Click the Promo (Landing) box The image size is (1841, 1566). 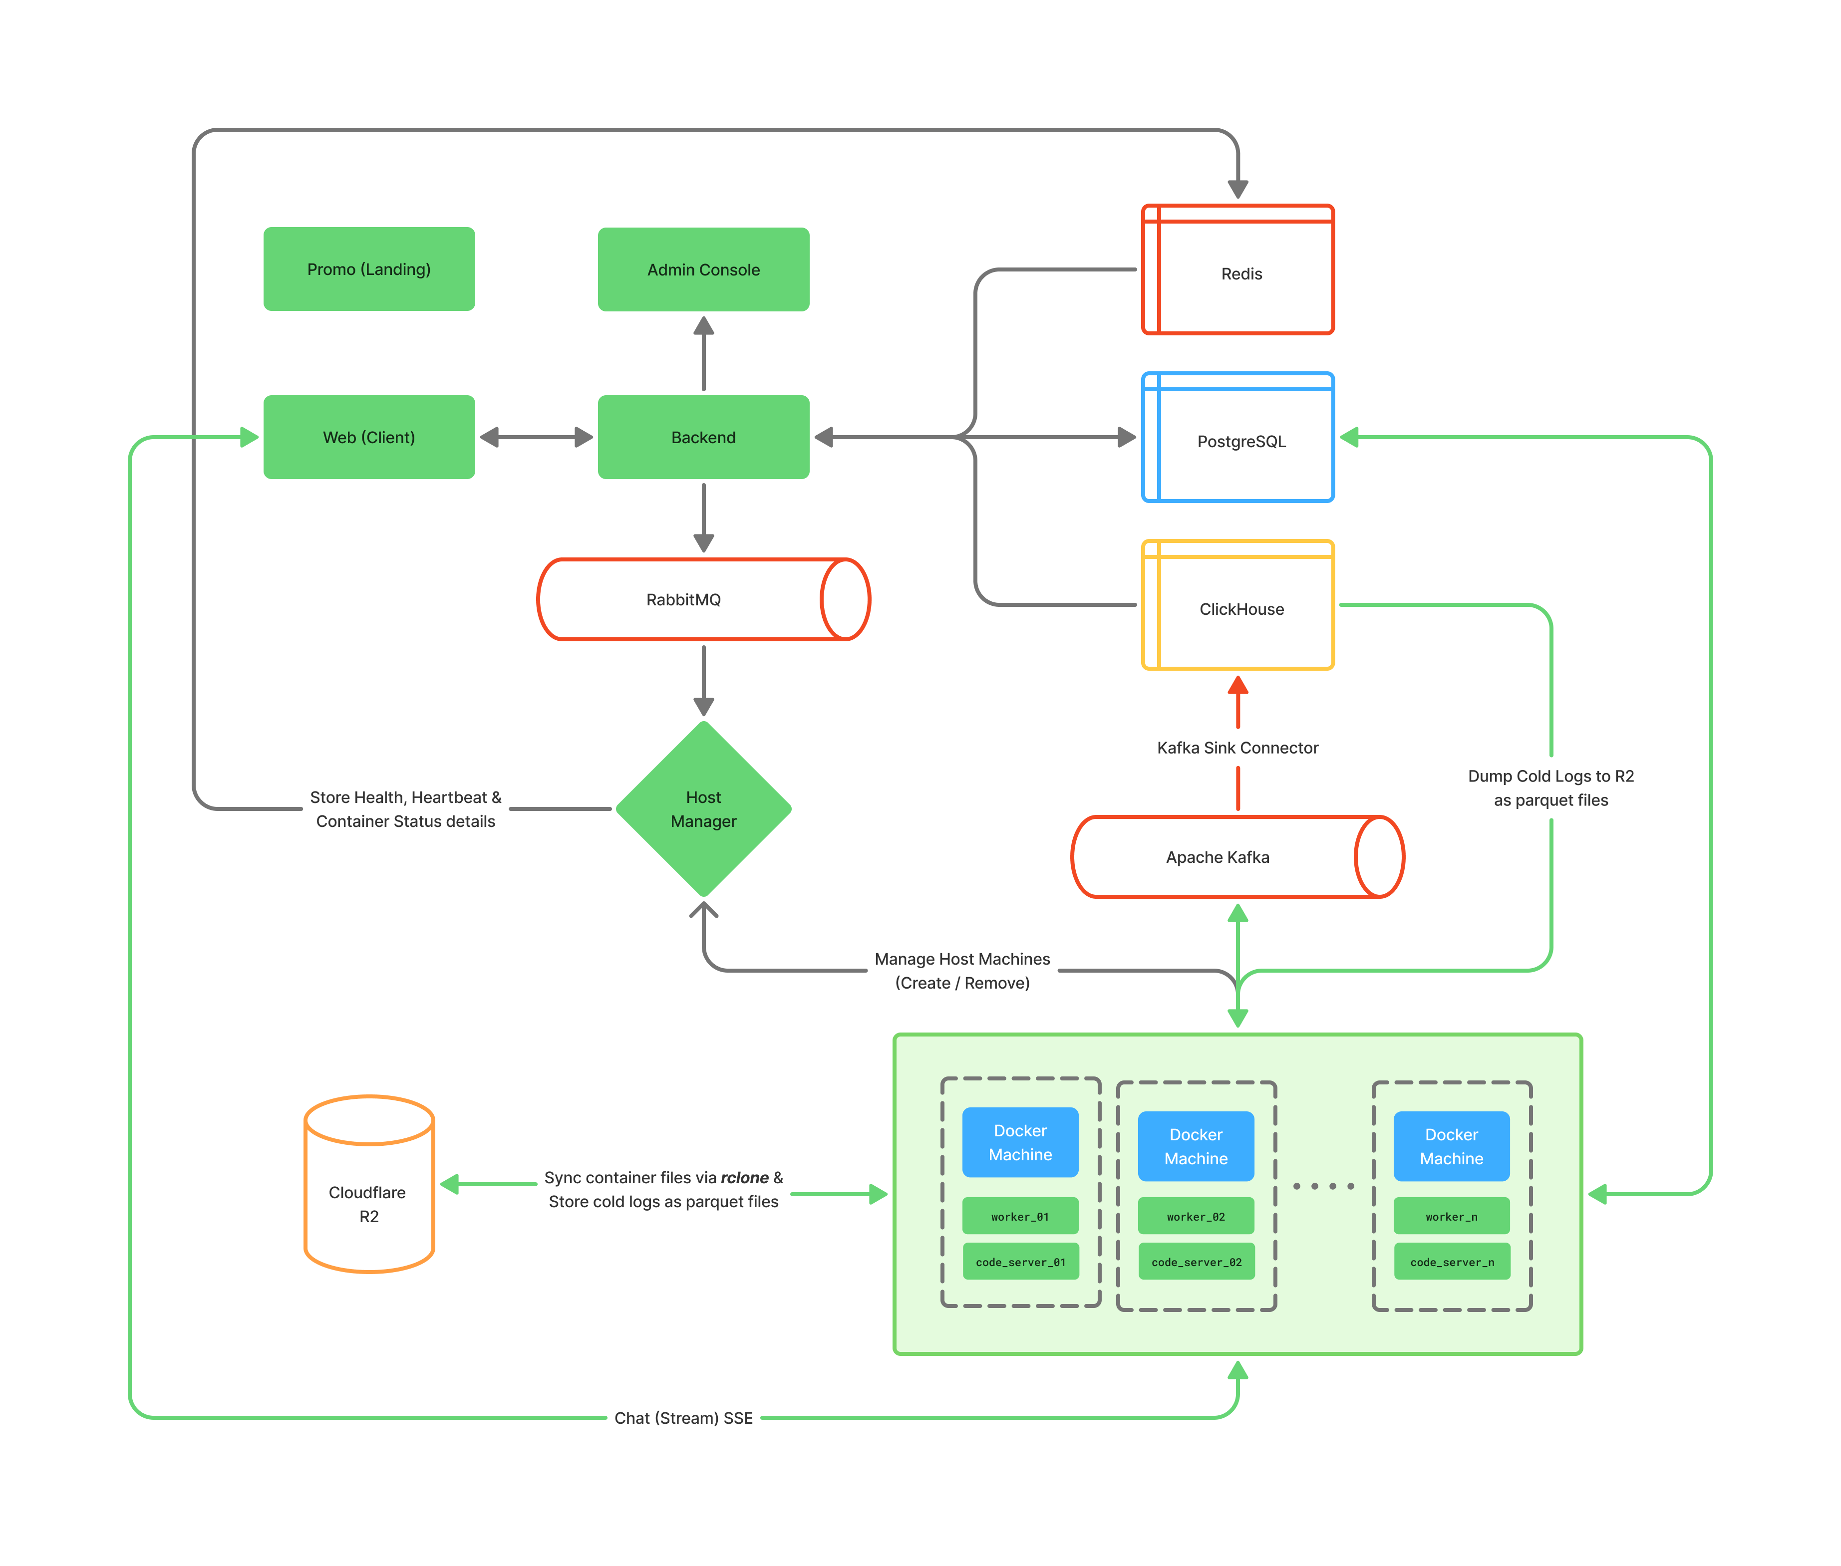[368, 269]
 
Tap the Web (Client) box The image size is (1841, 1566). [368, 437]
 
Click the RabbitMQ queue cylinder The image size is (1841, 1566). [684, 599]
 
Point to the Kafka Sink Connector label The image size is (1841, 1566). [1237, 748]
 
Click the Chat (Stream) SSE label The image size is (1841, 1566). [683, 1418]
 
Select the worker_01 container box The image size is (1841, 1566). [1019, 1216]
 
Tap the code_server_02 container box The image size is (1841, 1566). [1196, 1262]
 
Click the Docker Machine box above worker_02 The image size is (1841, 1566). [1196, 1146]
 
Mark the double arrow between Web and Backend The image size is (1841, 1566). [536, 437]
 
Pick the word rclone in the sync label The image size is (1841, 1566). [744, 1177]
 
